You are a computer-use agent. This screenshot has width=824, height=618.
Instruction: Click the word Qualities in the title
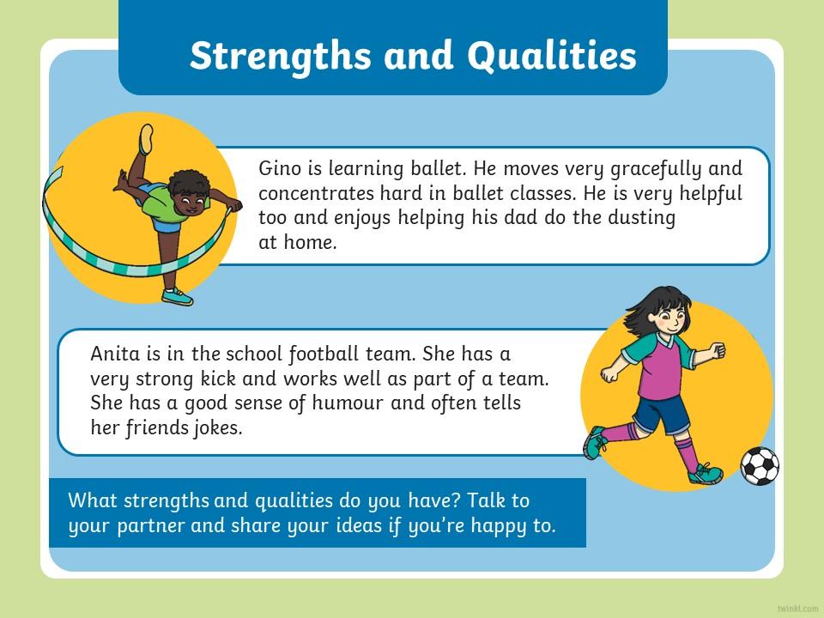(552, 56)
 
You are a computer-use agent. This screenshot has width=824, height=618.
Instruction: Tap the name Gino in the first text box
(280, 169)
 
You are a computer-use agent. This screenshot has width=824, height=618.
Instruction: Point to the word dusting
(641, 218)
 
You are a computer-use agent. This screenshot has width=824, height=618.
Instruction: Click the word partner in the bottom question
(151, 526)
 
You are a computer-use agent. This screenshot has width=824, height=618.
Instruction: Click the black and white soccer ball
(760, 465)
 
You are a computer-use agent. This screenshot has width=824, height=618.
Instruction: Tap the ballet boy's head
(188, 191)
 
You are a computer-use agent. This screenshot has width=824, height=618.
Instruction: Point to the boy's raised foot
(146, 138)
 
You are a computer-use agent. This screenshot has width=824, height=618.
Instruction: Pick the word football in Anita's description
(324, 354)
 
